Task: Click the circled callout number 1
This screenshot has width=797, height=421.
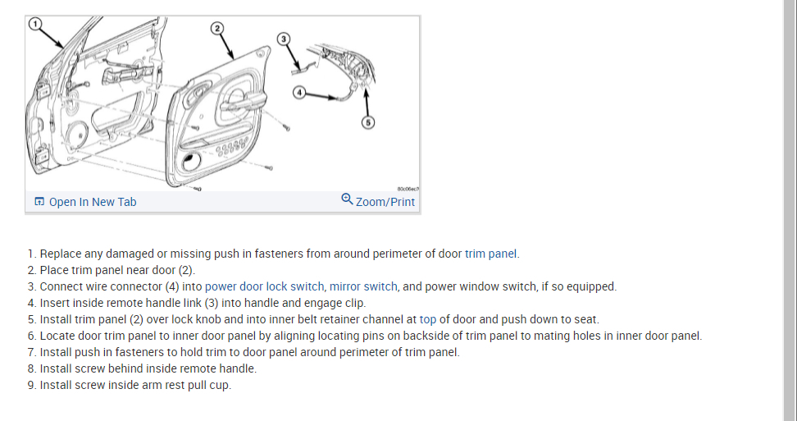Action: [x=34, y=24]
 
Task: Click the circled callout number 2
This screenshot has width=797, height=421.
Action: [x=216, y=29]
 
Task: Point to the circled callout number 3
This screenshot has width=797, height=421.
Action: [x=283, y=39]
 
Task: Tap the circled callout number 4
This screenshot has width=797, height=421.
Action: [x=300, y=93]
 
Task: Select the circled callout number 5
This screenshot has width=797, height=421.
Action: [x=368, y=122]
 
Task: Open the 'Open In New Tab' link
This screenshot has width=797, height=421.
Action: [x=93, y=202]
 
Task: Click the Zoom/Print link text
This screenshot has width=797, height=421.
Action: [x=385, y=202]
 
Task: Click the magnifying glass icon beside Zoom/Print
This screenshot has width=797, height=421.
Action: [x=347, y=199]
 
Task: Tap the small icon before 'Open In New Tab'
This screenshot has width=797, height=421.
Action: [x=39, y=202]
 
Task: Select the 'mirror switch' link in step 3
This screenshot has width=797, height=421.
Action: [x=363, y=286]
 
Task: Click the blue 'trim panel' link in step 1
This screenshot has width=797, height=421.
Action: [x=491, y=254]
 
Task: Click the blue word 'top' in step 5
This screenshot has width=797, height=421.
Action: [x=428, y=319]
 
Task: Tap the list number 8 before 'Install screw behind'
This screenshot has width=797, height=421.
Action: [x=31, y=368]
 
